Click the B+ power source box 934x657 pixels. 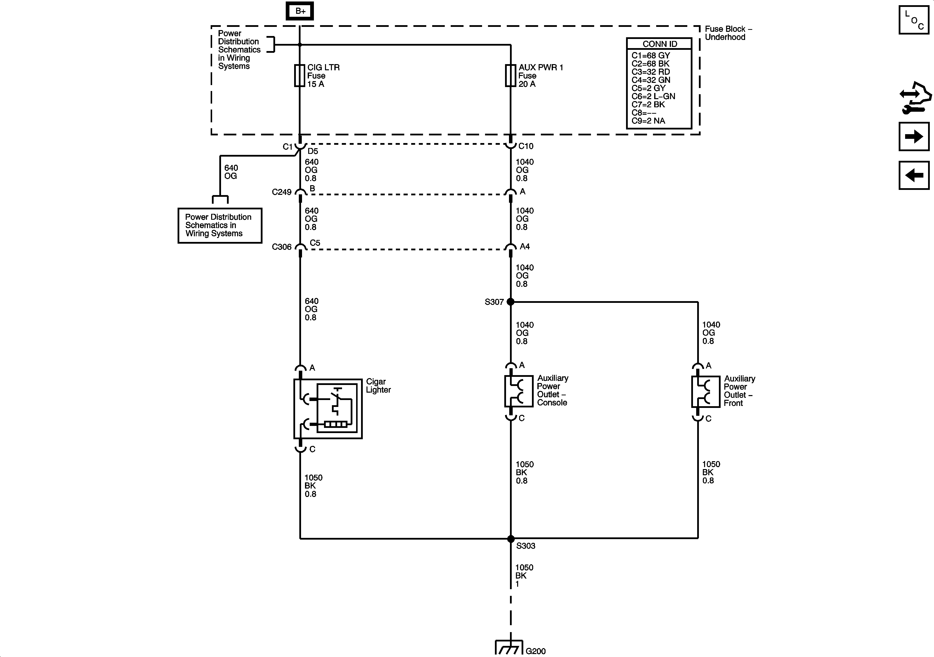(300, 11)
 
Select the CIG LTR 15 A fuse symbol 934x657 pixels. (299, 75)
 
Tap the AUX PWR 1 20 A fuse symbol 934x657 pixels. (510, 75)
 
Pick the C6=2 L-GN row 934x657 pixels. (653, 96)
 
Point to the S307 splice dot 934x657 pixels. (510, 302)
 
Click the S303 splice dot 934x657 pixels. (510, 539)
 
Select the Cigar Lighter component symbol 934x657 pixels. (328, 409)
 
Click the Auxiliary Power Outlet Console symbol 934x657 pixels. (518, 391)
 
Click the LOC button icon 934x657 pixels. (914, 20)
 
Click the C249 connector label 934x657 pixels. (282, 192)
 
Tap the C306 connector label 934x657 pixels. (282, 247)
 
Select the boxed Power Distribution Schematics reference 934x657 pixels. (220, 225)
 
